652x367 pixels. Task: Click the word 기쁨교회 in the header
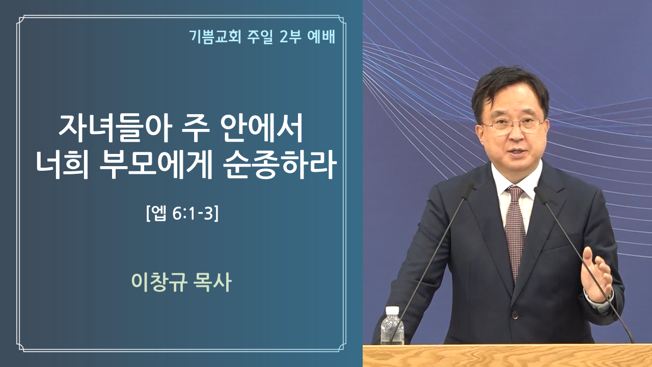coord(215,37)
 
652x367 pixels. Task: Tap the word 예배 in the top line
coord(321,37)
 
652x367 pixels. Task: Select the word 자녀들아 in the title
coord(115,128)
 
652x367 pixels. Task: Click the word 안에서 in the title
coord(262,128)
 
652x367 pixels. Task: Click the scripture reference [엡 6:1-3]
coord(182,214)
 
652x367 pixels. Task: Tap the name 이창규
coord(158,282)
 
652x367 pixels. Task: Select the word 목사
coord(211,282)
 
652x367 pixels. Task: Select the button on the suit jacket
coord(515,315)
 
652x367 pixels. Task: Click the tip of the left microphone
coord(469,187)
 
